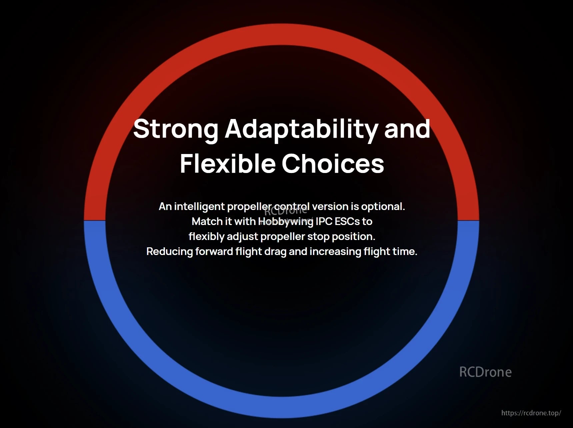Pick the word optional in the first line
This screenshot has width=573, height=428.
(x=383, y=207)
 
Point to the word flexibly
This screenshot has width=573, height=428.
(x=206, y=237)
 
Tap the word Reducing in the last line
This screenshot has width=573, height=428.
(x=170, y=251)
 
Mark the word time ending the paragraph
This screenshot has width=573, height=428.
(x=405, y=251)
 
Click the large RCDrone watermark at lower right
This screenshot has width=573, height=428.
(x=485, y=372)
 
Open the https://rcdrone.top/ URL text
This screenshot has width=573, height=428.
(x=531, y=413)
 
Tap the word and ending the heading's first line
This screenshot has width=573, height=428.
(x=407, y=129)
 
